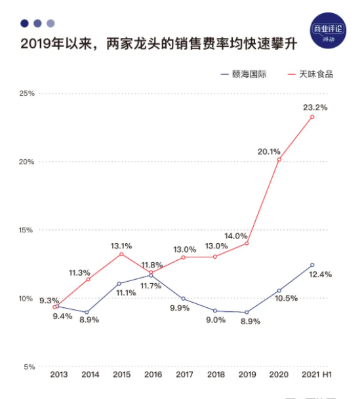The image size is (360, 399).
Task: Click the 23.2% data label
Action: [x=315, y=107]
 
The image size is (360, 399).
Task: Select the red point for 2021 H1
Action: [x=312, y=117]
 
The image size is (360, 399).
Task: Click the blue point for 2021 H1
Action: [x=312, y=265]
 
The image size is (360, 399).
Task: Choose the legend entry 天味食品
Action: [x=316, y=74]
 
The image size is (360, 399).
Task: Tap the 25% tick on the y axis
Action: [x=26, y=93]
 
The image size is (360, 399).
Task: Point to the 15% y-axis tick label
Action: [x=26, y=230]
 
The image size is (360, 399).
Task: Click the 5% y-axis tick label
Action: [x=28, y=367]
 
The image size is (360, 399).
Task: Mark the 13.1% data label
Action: [x=121, y=246]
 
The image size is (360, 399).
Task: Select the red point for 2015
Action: [x=121, y=254]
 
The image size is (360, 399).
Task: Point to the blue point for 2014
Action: [x=87, y=313]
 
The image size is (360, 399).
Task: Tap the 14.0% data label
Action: [x=236, y=236]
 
